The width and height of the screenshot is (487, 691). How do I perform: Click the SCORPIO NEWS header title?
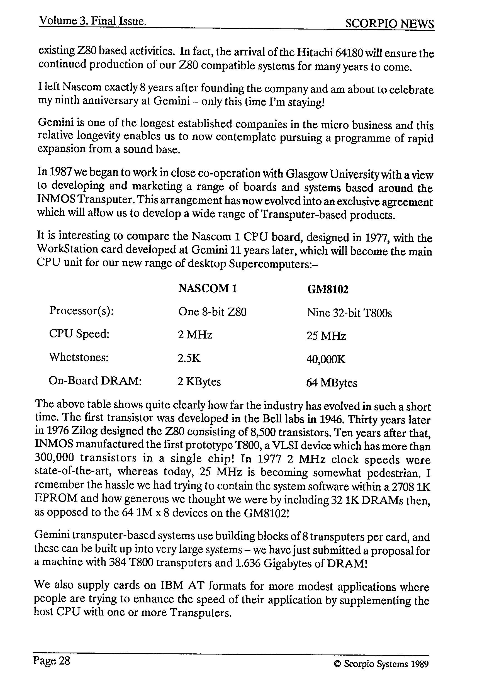tap(389, 24)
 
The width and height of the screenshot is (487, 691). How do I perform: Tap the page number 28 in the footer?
tap(64, 661)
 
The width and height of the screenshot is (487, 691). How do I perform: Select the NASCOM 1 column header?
tap(208, 288)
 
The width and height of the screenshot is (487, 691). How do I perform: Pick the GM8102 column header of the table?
tap(327, 289)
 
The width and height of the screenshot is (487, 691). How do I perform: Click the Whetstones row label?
tap(79, 357)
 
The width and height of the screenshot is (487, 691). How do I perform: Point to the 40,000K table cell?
tap(326, 359)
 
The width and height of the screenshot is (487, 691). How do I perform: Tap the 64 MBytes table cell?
tap(331, 383)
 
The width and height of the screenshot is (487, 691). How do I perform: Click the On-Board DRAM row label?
tap(95, 381)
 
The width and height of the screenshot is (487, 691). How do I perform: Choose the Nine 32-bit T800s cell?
tap(349, 313)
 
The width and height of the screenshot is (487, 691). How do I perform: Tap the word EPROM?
tap(56, 498)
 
